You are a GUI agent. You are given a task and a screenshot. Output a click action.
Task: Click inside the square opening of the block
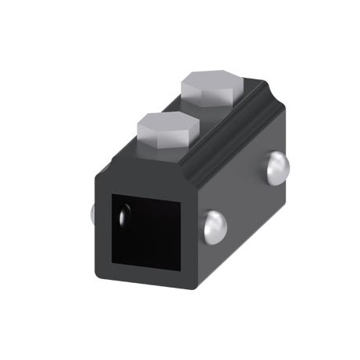click(149, 230)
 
